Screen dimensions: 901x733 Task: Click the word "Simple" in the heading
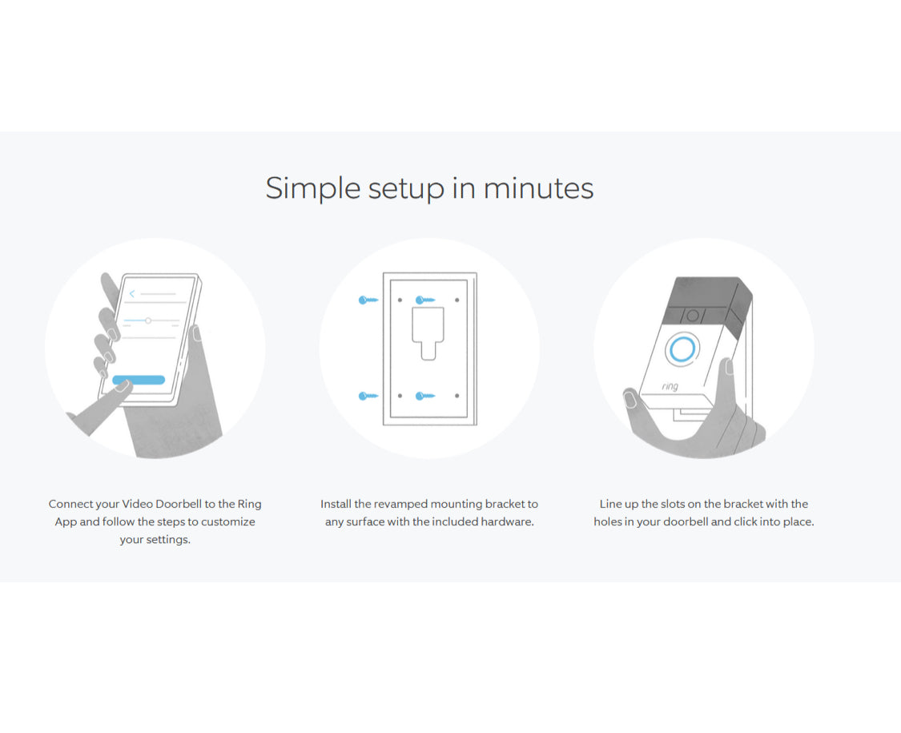313,188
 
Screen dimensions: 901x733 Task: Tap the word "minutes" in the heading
538,188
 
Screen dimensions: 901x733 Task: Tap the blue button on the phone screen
139,380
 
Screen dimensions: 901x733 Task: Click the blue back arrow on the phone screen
132,294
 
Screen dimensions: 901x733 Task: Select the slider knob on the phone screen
148,320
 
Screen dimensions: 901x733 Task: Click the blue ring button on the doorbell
682,348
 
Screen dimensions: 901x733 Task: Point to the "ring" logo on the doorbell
670,386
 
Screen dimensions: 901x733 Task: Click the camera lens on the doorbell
693,316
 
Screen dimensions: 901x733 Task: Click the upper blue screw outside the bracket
368,300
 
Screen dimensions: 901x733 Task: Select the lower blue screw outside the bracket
368,396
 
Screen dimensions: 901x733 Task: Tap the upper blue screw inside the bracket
425,300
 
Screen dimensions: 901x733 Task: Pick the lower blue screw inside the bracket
425,396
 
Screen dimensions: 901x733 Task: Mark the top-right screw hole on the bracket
457,300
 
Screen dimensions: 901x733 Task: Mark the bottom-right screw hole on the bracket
457,396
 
